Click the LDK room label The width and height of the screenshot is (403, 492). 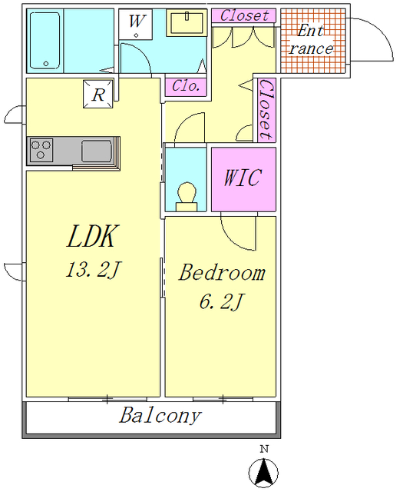92,236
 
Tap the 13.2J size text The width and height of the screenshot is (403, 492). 92,270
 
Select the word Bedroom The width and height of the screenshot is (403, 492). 222,272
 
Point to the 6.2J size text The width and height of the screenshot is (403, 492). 221,301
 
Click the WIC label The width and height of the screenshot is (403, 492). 243,178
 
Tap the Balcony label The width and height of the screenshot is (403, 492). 160,416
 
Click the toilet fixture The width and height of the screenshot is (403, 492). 187,197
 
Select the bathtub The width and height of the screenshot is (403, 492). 45,41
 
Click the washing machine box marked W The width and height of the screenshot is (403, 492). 136,24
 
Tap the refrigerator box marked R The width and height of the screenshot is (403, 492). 98,94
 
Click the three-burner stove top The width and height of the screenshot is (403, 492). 41,150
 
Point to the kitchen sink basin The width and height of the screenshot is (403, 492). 97,151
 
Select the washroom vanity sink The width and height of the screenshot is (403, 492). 187,22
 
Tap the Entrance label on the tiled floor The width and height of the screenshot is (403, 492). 311,39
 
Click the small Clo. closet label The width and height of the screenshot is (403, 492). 186,85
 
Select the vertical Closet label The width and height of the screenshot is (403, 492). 266,109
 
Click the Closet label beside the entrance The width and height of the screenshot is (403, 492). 244,15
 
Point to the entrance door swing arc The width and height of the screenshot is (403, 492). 381,32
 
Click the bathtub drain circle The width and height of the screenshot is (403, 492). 46,64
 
